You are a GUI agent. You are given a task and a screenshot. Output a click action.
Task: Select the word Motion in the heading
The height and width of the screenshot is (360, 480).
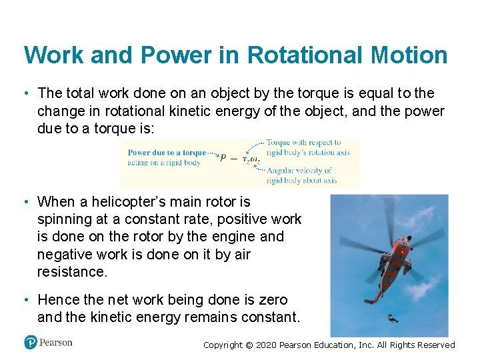[409, 55]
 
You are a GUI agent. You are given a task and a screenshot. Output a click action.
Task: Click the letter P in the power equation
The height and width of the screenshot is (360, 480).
[224, 159]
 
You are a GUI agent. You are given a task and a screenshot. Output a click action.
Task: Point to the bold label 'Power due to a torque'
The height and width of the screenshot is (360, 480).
[167, 153]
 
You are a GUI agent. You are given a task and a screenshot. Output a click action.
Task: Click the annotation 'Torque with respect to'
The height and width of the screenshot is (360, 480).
[303, 143]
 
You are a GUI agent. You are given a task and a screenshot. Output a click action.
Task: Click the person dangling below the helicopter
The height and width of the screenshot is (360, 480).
[393, 318]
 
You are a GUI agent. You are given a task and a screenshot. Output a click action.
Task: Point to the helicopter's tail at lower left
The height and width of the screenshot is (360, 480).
[371, 300]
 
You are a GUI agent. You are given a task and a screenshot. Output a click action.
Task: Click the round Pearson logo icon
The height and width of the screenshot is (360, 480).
[31, 343]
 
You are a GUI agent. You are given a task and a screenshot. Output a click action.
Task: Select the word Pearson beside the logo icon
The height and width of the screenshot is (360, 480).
[56, 343]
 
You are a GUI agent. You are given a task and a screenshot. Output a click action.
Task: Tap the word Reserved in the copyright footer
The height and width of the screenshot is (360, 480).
[436, 345]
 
